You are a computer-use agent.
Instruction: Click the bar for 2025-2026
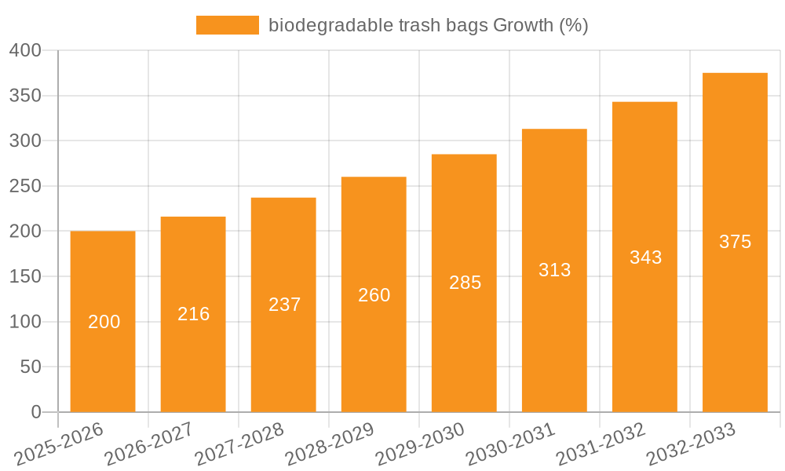coord(103,322)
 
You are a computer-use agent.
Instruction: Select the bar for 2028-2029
coord(374,294)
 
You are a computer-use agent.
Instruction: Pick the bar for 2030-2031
coord(554,270)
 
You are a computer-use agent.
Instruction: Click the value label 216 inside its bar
coord(193,314)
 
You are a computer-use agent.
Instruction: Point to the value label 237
coord(284,305)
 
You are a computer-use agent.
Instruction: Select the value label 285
coord(465,283)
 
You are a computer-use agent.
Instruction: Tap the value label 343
coord(645,257)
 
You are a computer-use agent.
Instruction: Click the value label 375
coord(735,242)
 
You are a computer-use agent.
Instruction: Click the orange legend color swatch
coord(227,25)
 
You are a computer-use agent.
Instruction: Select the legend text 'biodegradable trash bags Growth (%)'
coord(428,25)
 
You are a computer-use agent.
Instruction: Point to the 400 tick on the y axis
coord(25,50)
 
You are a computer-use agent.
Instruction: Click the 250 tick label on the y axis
coord(25,186)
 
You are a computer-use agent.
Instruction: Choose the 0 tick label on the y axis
coord(35,412)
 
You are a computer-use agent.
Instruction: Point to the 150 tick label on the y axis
coord(25,276)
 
